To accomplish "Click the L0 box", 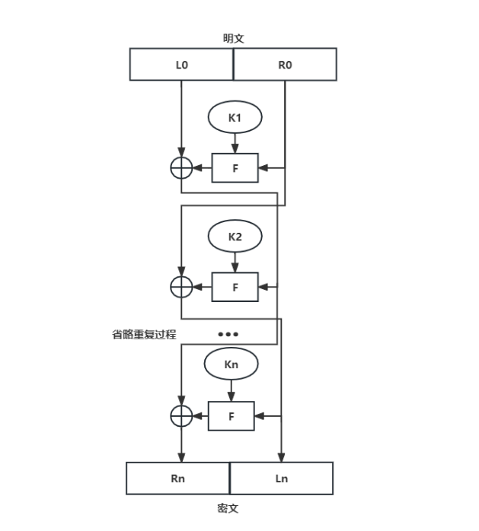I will tap(181, 65).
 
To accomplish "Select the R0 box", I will tap(285, 65).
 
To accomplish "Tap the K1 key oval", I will tap(235, 117).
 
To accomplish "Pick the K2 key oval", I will tap(235, 237).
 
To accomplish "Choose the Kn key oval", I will tap(232, 364).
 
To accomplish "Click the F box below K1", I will tap(235, 167).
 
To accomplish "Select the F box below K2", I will tap(235, 288).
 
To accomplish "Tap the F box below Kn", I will tap(232, 416).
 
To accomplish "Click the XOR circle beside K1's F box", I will tap(181, 167).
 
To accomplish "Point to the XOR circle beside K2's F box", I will tap(181, 288).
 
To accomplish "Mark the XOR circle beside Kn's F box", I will tap(180, 416).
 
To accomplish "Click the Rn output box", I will tap(178, 479).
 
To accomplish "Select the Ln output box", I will tap(282, 479).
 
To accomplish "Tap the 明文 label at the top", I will tap(233, 39).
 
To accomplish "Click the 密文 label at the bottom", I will tap(229, 507).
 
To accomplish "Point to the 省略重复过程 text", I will tap(144, 334).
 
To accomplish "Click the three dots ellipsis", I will tap(228, 334).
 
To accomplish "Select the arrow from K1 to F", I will tap(235, 142).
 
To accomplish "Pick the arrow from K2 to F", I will tap(235, 262).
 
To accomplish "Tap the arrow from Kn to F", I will tap(232, 390).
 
